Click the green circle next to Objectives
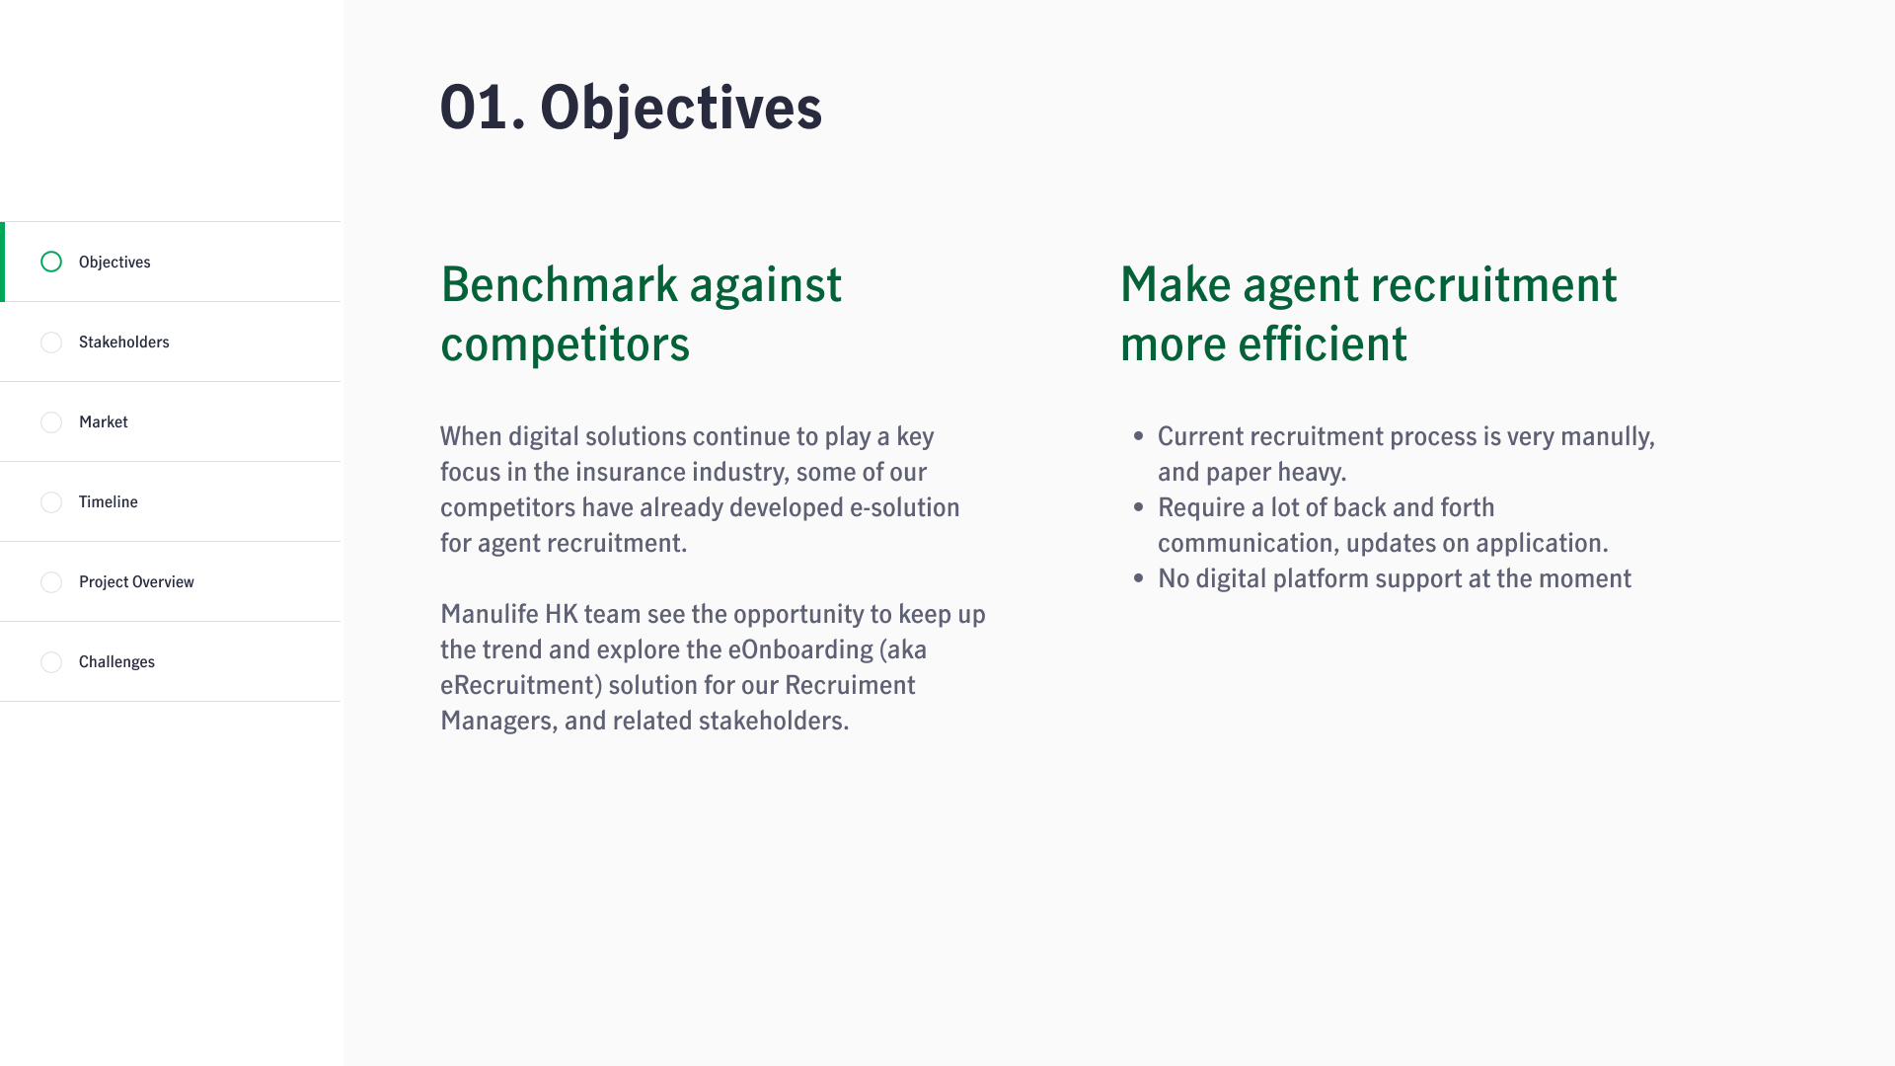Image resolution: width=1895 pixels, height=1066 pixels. [51, 262]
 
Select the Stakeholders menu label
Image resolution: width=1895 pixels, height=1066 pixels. [124, 342]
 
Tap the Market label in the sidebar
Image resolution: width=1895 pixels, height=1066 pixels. [104, 421]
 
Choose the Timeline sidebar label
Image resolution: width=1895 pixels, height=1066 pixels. [109, 501]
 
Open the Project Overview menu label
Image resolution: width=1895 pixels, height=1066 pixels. [136, 581]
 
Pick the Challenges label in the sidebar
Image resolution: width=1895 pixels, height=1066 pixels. [116, 661]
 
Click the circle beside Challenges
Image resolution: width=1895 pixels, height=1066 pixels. [51, 662]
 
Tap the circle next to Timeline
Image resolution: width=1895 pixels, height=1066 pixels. [51, 502]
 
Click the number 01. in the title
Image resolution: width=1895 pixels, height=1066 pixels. [482, 108]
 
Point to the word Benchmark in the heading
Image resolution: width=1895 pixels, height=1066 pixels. [560, 284]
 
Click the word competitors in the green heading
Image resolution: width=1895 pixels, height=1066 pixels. [565, 344]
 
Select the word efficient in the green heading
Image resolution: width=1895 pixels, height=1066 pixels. [1323, 343]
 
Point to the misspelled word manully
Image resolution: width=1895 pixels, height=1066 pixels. [1606, 436]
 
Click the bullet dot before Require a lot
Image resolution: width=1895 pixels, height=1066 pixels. [1139, 507]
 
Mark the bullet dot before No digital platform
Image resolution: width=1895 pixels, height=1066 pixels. [1139, 578]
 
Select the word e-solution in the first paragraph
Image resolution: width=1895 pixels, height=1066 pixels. [905, 507]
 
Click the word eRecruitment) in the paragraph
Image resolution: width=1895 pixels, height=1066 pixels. [521, 685]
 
